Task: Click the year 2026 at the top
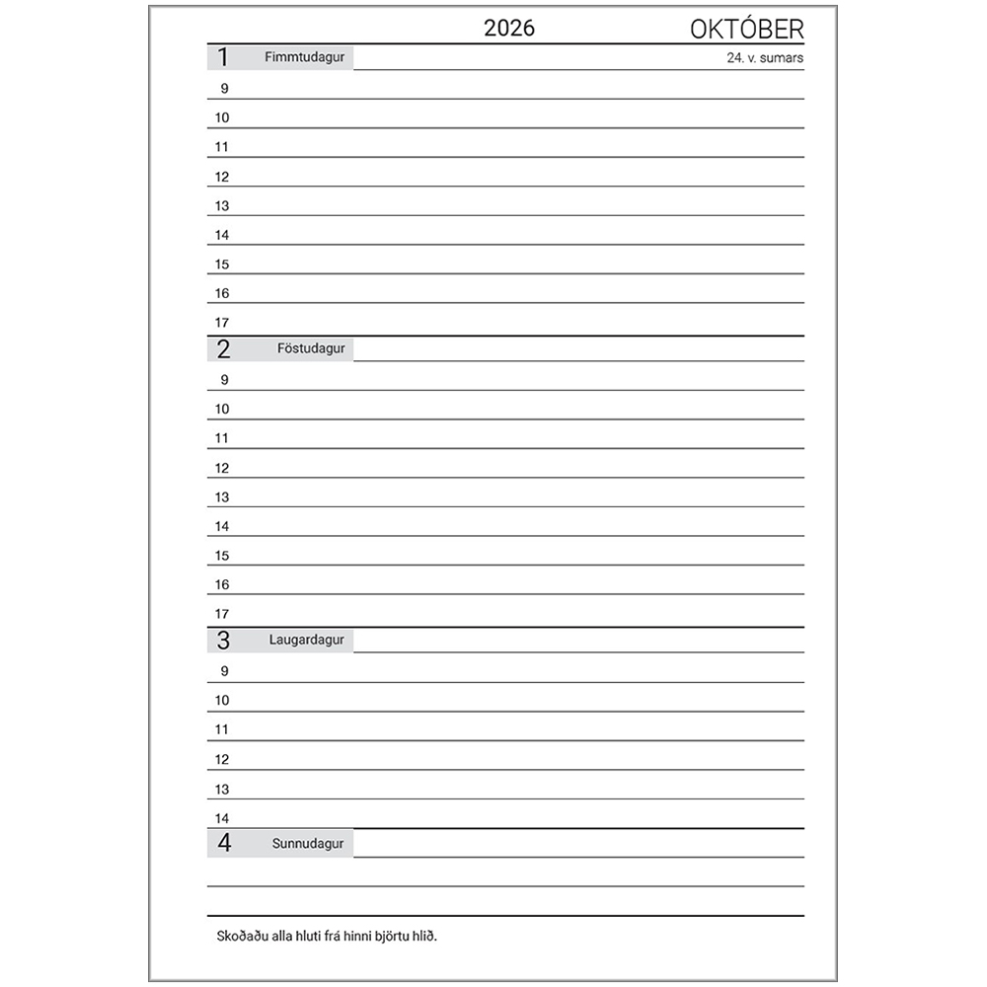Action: pyautogui.click(x=509, y=29)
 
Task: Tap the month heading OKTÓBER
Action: pyautogui.click(x=746, y=30)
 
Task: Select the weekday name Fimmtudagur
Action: pyautogui.click(x=304, y=57)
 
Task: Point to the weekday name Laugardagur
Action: pyautogui.click(x=306, y=640)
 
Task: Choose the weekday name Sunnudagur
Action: pyautogui.click(x=308, y=843)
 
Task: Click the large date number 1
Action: pyautogui.click(x=223, y=57)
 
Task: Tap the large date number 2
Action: pyautogui.click(x=223, y=348)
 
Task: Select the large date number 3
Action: pyautogui.click(x=223, y=640)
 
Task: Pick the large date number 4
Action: pyautogui.click(x=224, y=843)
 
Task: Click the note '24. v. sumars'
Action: pyautogui.click(x=764, y=58)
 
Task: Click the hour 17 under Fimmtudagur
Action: pyautogui.click(x=222, y=323)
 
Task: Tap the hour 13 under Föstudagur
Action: pyautogui.click(x=222, y=497)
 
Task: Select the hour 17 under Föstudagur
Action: pyautogui.click(x=222, y=614)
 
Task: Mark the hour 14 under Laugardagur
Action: pyautogui.click(x=222, y=818)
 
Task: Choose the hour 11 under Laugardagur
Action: pyautogui.click(x=222, y=730)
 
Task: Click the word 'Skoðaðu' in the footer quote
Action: pyautogui.click(x=242, y=936)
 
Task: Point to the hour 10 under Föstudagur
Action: pyautogui.click(x=222, y=410)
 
